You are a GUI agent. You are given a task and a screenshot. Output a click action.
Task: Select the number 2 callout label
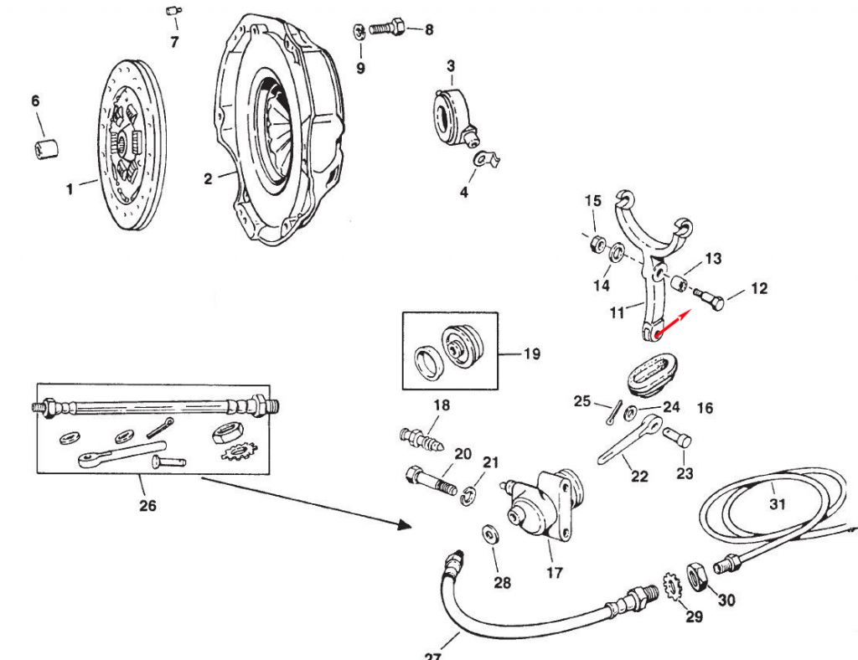coord(208,178)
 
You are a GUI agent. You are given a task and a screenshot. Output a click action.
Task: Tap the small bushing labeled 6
coord(45,149)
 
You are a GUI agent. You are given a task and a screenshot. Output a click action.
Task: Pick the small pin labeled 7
coord(174,12)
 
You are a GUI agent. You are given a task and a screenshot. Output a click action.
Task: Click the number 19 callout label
coord(531,353)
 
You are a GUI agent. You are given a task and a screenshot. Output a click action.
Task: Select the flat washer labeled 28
coord(488,534)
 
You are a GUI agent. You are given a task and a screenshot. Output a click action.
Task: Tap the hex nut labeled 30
coord(698,576)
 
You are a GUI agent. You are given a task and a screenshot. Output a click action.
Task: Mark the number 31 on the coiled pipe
coord(777,503)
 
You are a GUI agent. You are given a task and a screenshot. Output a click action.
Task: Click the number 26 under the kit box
coord(147,505)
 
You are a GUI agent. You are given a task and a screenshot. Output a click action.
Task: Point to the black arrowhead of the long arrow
coord(404,525)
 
